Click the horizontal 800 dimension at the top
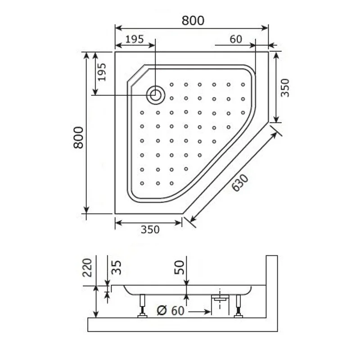coord(193,21)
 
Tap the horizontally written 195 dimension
coord(134,39)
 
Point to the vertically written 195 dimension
coord(102,72)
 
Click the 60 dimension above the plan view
coord(236,39)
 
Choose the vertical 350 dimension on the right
coord(284,88)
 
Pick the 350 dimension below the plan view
coord(150,229)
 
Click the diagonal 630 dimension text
coord(240,182)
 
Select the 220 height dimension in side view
coord(88,267)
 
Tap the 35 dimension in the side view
coord(117,267)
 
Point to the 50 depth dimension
coord(179,267)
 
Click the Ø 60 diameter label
coord(169,311)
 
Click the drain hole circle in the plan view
coord(155,95)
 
